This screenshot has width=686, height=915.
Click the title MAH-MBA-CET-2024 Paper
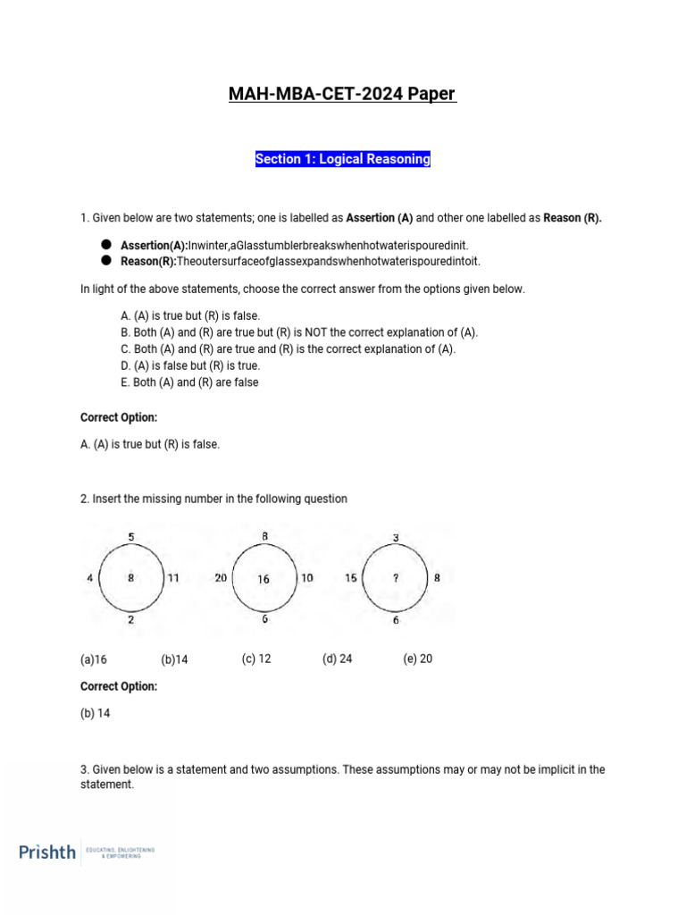pos(343,95)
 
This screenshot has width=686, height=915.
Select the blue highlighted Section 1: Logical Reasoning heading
pos(343,159)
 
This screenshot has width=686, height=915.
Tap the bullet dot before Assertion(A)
pos(105,245)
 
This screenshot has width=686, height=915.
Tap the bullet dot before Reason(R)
pos(105,261)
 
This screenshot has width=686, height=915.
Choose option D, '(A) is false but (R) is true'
pos(189,365)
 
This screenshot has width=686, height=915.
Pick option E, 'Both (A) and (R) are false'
pos(189,382)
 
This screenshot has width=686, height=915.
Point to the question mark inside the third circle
pos(396,578)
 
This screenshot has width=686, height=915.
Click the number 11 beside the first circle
pos(173,578)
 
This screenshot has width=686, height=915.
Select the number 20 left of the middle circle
pos(221,578)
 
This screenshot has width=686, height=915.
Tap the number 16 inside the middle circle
pos(264,579)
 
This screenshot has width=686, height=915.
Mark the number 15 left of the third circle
pos(351,578)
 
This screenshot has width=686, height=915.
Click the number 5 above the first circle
pos(131,536)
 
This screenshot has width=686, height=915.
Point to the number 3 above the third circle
pos(396,537)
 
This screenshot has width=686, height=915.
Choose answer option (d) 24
pos(337,659)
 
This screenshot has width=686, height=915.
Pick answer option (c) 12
pos(256,659)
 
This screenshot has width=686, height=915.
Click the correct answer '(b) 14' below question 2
pos(96,713)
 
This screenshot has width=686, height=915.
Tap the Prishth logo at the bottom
pos(48,852)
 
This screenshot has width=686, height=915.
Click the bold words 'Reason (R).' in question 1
pos(570,217)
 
